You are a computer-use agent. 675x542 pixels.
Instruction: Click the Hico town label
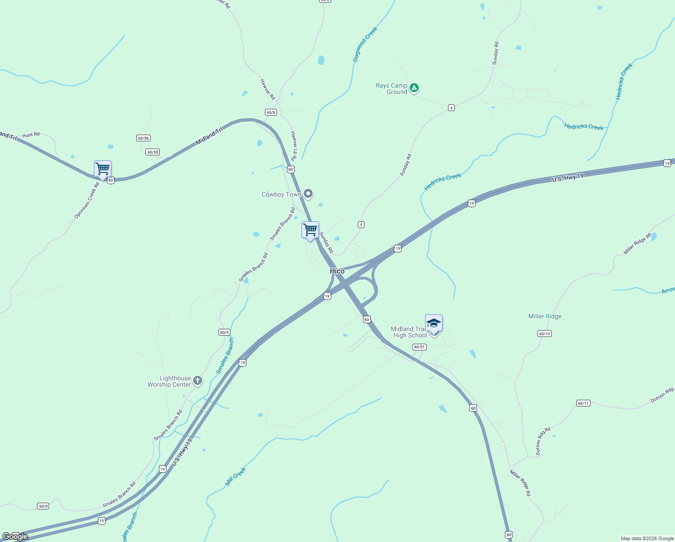coord(337,271)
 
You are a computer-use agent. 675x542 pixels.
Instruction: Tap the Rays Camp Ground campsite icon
coord(414,88)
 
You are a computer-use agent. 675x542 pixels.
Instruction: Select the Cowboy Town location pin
coord(308,194)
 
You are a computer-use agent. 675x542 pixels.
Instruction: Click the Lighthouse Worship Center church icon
coord(197,381)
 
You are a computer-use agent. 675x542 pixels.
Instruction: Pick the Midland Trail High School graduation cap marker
coord(434,323)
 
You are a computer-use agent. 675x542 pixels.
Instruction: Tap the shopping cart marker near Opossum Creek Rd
coord(102,169)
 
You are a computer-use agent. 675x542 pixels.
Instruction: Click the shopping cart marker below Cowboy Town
coord(310,230)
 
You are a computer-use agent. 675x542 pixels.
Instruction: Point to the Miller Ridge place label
coord(545,317)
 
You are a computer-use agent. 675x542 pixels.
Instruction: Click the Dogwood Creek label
coord(365,44)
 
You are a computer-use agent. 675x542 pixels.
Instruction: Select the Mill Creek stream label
coord(236,477)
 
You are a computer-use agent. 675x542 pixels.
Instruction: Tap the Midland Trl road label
coord(209,136)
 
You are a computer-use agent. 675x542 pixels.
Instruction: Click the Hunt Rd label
coord(31,135)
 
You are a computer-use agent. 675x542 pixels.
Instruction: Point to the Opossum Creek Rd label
coord(87,201)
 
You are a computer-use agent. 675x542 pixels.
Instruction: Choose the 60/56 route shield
coord(143,138)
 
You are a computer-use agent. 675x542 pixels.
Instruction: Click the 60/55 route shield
coord(153,152)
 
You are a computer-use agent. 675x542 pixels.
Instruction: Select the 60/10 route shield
coord(545,334)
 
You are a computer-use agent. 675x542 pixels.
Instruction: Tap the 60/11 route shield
coord(583,403)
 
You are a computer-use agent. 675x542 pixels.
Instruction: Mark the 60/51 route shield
coord(419,347)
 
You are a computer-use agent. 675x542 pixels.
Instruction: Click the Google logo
coord(15,537)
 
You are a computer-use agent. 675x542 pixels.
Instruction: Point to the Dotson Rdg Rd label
coord(543,441)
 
